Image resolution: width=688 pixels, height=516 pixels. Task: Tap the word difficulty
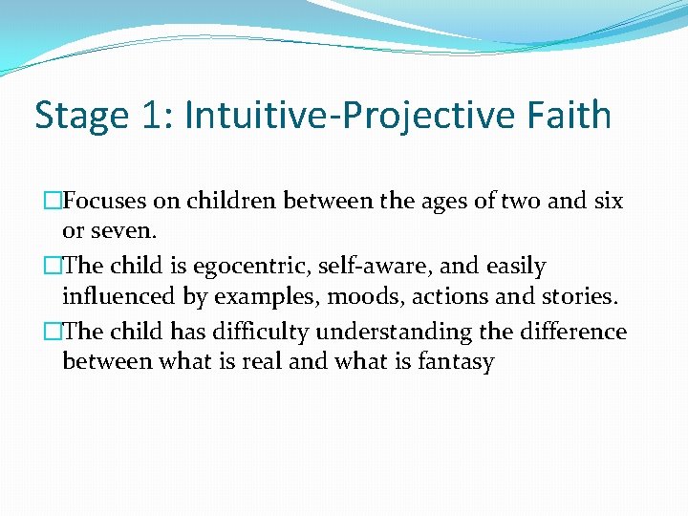coord(257,332)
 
